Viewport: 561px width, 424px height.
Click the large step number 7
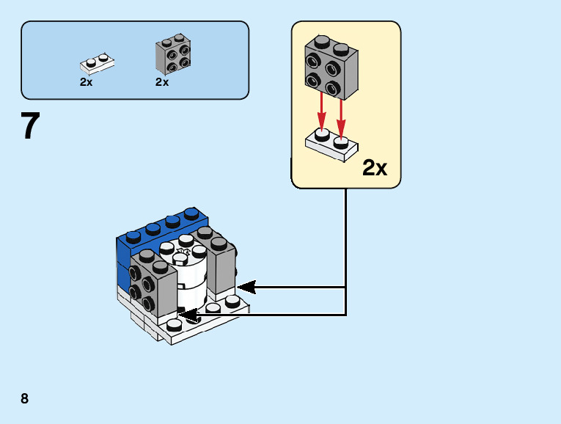click(29, 125)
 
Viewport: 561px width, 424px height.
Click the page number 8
click(25, 398)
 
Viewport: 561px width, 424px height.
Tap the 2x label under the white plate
click(87, 82)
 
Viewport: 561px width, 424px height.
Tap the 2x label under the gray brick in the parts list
click(162, 82)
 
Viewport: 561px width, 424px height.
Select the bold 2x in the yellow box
click(374, 168)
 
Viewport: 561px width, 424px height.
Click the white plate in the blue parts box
click(96, 64)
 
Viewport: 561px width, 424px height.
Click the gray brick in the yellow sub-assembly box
click(331, 66)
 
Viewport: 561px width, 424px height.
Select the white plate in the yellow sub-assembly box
click(331, 143)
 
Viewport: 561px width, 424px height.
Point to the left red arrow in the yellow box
click(321, 110)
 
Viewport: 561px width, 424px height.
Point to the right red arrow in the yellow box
click(340, 110)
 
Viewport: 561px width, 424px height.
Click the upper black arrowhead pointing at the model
click(244, 287)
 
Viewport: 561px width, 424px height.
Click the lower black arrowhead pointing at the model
click(188, 315)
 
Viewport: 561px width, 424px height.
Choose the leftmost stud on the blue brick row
click(133, 235)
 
